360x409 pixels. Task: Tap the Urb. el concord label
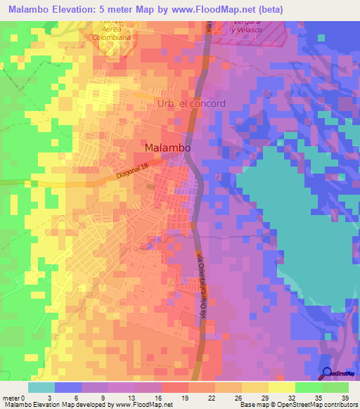tap(189, 103)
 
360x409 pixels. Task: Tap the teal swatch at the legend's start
tap(41, 387)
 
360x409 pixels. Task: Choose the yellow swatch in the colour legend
tap(281, 387)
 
